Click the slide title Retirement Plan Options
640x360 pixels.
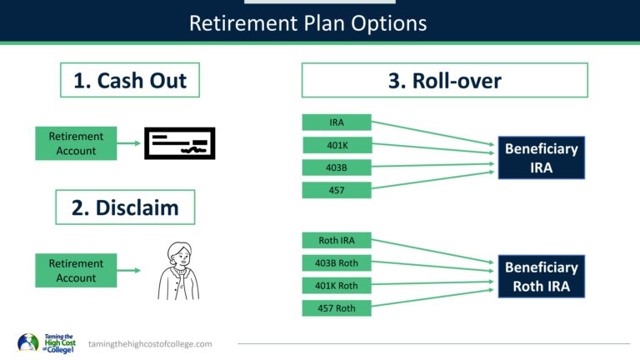point(307,22)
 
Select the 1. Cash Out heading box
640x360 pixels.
point(130,81)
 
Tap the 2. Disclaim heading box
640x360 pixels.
point(125,207)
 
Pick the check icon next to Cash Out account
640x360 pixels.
point(180,143)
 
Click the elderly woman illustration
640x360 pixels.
point(179,271)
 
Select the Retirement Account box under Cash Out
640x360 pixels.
point(76,143)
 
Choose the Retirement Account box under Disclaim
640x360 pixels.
point(76,271)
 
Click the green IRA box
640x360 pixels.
point(336,122)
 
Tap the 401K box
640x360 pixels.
point(336,146)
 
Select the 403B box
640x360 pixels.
point(336,168)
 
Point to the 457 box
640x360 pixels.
point(336,191)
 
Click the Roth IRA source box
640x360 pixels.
point(336,241)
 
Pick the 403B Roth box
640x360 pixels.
point(336,263)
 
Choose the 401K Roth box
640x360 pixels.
point(336,286)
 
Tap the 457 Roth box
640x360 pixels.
point(336,308)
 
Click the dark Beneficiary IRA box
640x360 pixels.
point(541,157)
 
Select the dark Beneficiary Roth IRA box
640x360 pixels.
point(541,277)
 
